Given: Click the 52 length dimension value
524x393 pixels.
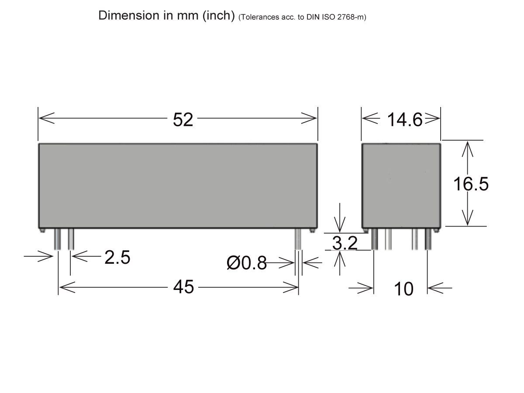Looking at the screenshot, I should (x=183, y=120).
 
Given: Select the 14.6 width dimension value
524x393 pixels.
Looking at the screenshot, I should (x=405, y=120).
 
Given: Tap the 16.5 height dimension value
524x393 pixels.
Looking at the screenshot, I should (x=470, y=184).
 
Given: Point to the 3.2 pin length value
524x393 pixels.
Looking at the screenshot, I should (x=345, y=243).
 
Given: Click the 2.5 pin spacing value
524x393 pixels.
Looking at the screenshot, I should (x=117, y=258).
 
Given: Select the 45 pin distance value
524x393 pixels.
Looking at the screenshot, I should (x=183, y=287).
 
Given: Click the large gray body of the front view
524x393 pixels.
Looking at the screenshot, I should (x=178, y=185).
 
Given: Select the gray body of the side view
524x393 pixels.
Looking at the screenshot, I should (x=401, y=185).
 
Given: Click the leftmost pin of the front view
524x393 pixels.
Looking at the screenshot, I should (x=57, y=239).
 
